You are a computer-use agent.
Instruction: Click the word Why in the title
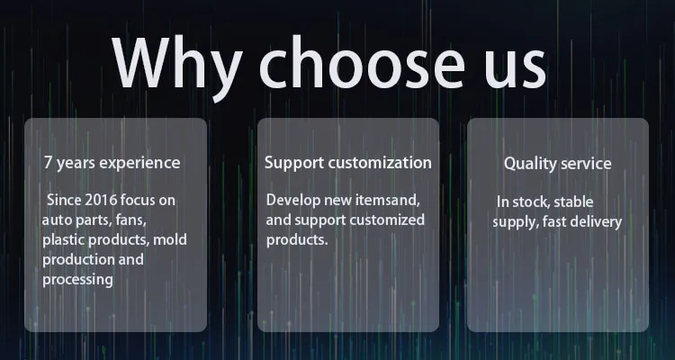pyautogui.click(x=176, y=68)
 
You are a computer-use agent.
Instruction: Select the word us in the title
pyautogui.click(x=516, y=69)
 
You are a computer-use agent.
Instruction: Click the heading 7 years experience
pyautogui.click(x=112, y=163)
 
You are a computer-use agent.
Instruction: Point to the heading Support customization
pyautogui.click(x=347, y=163)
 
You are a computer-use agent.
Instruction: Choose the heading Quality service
pyautogui.click(x=557, y=164)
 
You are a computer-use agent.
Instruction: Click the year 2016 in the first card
pyautogui.click(x=101, y=200)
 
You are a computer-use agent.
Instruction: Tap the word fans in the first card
pyautogui.click(x=130, y=220)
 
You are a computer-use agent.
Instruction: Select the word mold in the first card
pyautogui.click(x=170, y=239)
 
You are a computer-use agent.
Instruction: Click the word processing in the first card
pyautogui.click(x=77, y=280)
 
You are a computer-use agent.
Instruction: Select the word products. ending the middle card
pyautogui.click(x=297, y=240)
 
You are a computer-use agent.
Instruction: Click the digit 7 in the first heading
pyautogui.click(x=49, y=163)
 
